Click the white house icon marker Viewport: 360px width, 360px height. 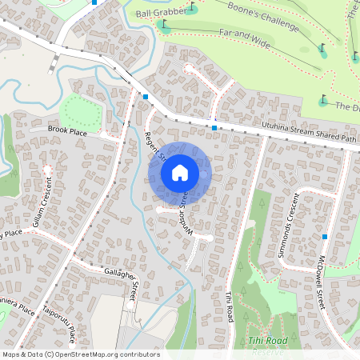[180, 172]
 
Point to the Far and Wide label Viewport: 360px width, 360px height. [244, 36]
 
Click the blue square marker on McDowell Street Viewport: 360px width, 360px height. [326, 237]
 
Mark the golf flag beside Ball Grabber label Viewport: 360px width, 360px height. [192, 9]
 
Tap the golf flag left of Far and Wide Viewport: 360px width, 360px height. [163, 24]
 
